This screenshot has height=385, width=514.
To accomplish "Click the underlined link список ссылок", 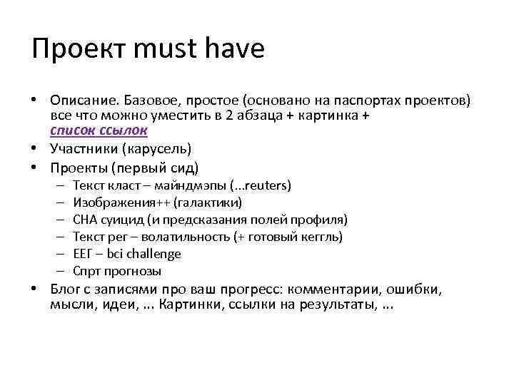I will coord(99,130).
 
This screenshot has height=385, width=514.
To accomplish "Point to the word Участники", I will coord(83,150).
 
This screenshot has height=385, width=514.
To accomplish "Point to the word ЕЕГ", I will coord(84,254).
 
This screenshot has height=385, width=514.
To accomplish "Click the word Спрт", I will coord(86,271).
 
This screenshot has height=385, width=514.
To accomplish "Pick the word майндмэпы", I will coord(193,185).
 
